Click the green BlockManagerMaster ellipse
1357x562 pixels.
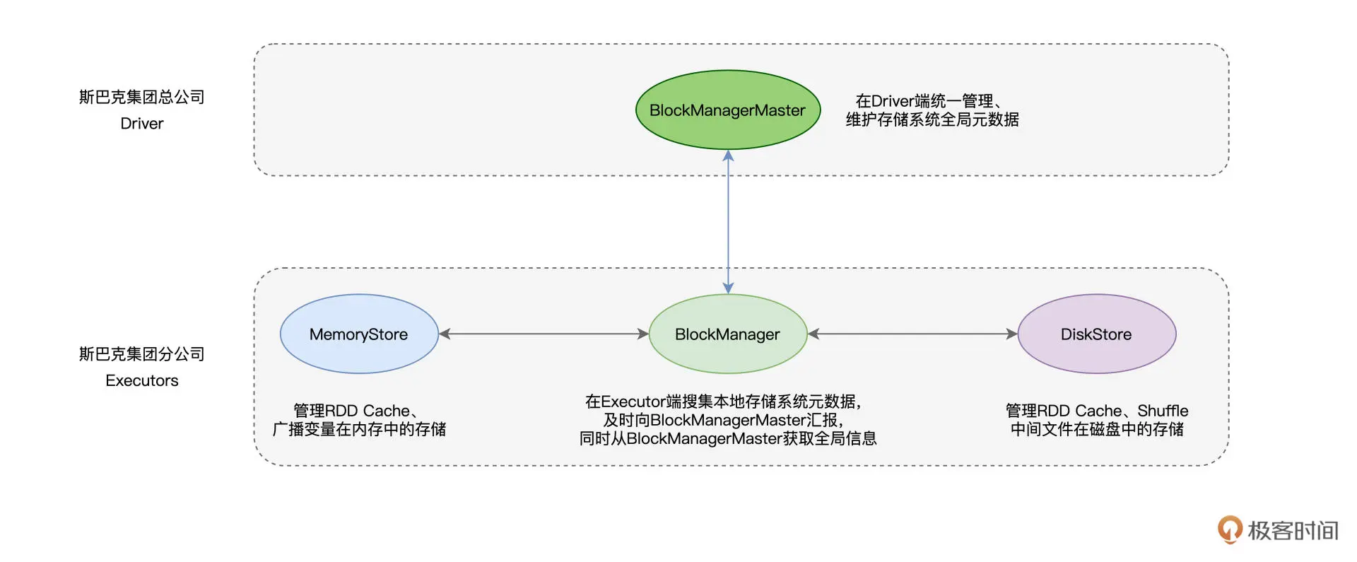pyautogui.click(x=727, y=110)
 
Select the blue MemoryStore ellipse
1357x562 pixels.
pyautogui.click(x=359, y=334)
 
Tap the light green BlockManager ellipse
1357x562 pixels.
pyautogui.click(x=727, y=334)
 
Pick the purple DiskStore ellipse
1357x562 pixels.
pyautogui.click(x=1096, y=334)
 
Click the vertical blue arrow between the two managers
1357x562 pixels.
pyautogui.click(x=728, y=219)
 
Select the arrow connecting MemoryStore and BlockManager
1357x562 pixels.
pyautogui.click(x=543, y=334)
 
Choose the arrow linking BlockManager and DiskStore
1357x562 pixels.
pyautogui.click(x=912, y=334)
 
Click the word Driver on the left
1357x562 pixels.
pyautogui.click(x=141, y=124)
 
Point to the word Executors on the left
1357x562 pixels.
pyautogui.click(x=141, y=380)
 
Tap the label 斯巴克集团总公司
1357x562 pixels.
pyautogui.click(x=141, y=97)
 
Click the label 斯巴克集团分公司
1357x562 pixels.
pyautogui.click(x=141, y=353)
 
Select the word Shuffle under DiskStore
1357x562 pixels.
pyautogui.click(x=1163, y=411)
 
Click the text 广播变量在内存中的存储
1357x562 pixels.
pyautogui.click(x=359, y=429)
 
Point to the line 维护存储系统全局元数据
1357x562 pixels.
pyautogui.click(x=932, y=119)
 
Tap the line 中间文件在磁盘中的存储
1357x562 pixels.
pyautogui.click(x=1096, y=429)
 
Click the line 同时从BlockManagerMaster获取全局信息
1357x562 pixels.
pyautogui.click(x=727, y=438)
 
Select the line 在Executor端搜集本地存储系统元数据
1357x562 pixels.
pyautogui.click(x=722, y=402)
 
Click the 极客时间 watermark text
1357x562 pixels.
pyautogui.click(x=1293, y=530)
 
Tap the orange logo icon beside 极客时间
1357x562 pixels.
pyautogui.click(x=1229, y=529)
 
